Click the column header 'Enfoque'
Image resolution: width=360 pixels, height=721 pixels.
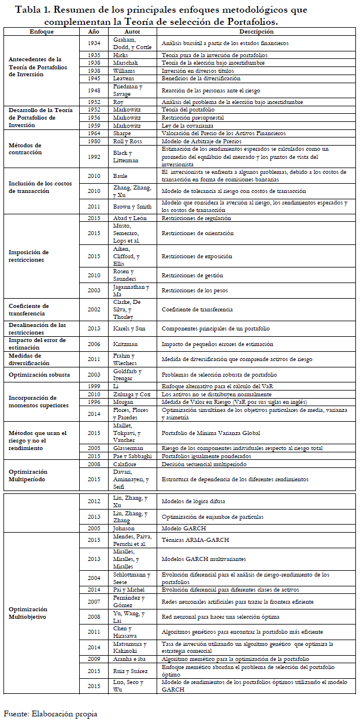42,31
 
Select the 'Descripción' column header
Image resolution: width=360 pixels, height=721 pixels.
256,31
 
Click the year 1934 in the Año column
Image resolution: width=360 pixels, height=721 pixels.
94,43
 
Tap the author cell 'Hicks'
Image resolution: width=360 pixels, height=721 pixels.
120,55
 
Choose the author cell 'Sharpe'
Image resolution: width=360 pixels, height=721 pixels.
122,133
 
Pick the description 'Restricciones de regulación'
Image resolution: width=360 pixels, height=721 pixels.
196,218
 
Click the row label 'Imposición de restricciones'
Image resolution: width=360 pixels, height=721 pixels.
28,256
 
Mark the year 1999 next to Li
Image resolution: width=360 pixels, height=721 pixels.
94,385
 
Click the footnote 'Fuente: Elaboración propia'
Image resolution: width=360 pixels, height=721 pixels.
51,714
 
